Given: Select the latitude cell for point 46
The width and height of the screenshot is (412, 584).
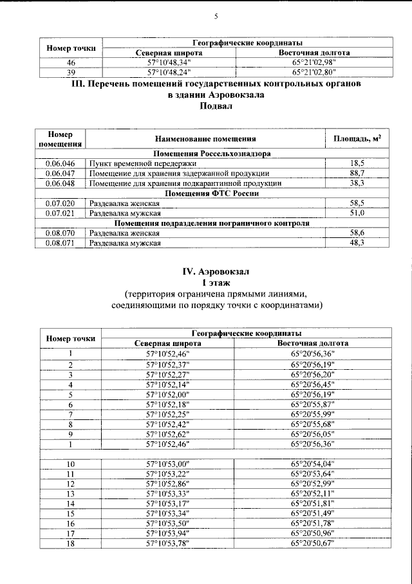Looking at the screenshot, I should click(169, 62).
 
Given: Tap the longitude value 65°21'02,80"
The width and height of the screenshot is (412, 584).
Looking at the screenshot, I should click(314, 72).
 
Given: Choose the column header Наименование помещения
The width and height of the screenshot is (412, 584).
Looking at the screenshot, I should click(205, 138).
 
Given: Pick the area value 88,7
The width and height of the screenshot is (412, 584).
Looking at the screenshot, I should click(357, 173).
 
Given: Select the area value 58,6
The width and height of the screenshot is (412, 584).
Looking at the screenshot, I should click(357, 233).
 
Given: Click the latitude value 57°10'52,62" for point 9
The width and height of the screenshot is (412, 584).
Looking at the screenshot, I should click(169, 434).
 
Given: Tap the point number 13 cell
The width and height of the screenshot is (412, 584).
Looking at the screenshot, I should click(71, 493).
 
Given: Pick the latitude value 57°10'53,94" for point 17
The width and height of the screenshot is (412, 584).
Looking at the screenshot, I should click(169, 533).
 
